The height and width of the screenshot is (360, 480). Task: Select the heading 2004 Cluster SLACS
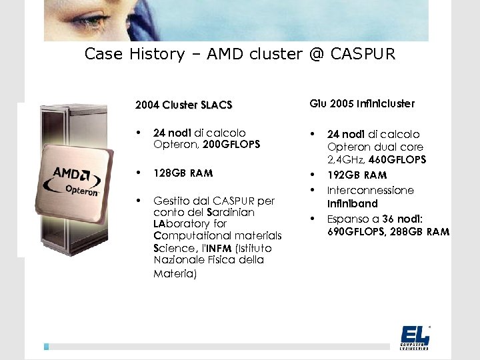(x=183, y=105)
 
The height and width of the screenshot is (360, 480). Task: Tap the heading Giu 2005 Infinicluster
(x=362, y=103)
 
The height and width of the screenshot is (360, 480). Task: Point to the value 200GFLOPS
(x=231, y=144)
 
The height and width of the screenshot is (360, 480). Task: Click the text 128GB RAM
(x=183, y=173)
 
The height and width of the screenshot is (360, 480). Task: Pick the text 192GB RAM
(x=357, y=175)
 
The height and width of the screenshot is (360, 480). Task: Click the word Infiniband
(x=352, y=203)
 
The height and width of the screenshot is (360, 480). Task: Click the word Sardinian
(x=231, y=212)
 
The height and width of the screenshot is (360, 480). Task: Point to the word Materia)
(x=175, y=273)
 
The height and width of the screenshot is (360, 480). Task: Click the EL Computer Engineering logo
(x=415, y=337)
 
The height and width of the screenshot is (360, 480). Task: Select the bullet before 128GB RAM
(x=137, y=173)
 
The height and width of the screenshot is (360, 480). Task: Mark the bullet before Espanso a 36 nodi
(x=312, y=218)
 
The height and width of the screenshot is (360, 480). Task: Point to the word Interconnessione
(x=370, y=190)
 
